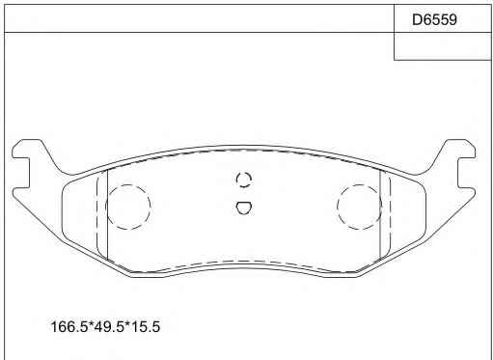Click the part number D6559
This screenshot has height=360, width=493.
434,19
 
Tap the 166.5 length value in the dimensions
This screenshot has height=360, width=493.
69,327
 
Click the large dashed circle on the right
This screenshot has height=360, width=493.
338,207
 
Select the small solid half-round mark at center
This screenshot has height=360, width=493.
244,208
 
